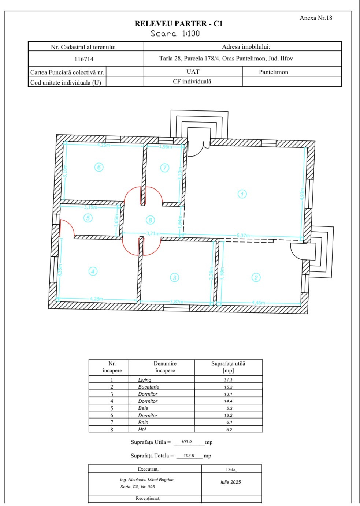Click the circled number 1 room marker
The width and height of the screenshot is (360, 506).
tap(242, 194)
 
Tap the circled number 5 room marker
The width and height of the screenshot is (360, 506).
tap(88, 218)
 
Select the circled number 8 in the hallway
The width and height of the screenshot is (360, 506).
tap(151, 220)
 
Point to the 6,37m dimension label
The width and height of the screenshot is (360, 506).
tap(243, 235)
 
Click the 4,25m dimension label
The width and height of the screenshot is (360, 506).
tap(104, 145)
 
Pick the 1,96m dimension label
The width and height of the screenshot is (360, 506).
tap(166, 147)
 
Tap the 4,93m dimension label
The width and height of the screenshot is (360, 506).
tap(303, 194)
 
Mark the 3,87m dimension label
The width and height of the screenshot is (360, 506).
tap(177, 302)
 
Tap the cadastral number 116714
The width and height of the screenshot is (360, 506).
tap(84, 59)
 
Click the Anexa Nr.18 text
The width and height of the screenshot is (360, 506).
tap(316, 18)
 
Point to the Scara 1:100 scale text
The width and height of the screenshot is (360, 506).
tap(175, 34)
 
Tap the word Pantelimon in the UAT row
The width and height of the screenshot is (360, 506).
tap(274, 72)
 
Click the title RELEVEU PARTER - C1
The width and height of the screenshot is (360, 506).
tap(179, 23)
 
